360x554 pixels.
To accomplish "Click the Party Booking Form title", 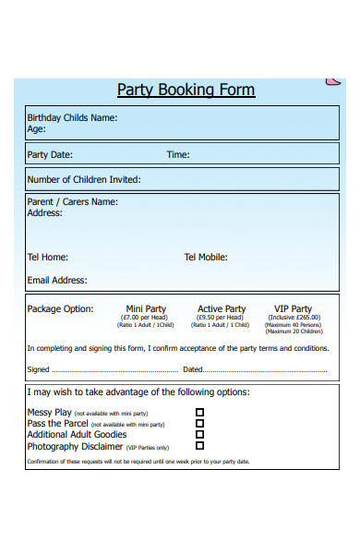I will tap(186, 90).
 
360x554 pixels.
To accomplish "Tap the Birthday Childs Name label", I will tap(72, 118).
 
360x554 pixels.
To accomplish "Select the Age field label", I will tap(37, 130).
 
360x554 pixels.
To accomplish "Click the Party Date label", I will tap(50, 155).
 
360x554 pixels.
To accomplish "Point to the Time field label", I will tap(178, 155).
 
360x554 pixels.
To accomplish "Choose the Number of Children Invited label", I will tap(84, 180).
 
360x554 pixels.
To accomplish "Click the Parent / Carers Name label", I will tap(73, 201).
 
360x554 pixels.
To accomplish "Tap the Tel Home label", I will tap(48, 258).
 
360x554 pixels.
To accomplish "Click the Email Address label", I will tap(57, 281).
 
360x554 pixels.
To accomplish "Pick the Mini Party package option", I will tap(146, 309).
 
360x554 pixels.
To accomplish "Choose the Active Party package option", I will tap(222, 309).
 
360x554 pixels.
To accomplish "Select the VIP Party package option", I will tap(293, 309).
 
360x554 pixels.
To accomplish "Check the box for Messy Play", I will tap(200, 413).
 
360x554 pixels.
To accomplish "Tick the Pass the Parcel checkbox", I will tap(200, 424).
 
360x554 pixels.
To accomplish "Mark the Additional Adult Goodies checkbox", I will tap(200, 434).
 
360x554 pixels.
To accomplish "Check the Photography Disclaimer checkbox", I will tap(200, 445).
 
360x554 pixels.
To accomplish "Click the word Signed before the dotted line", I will tap(39, 370).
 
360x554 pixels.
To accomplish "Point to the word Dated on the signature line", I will tap(192, 370).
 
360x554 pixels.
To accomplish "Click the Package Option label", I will tap(60, 309).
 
